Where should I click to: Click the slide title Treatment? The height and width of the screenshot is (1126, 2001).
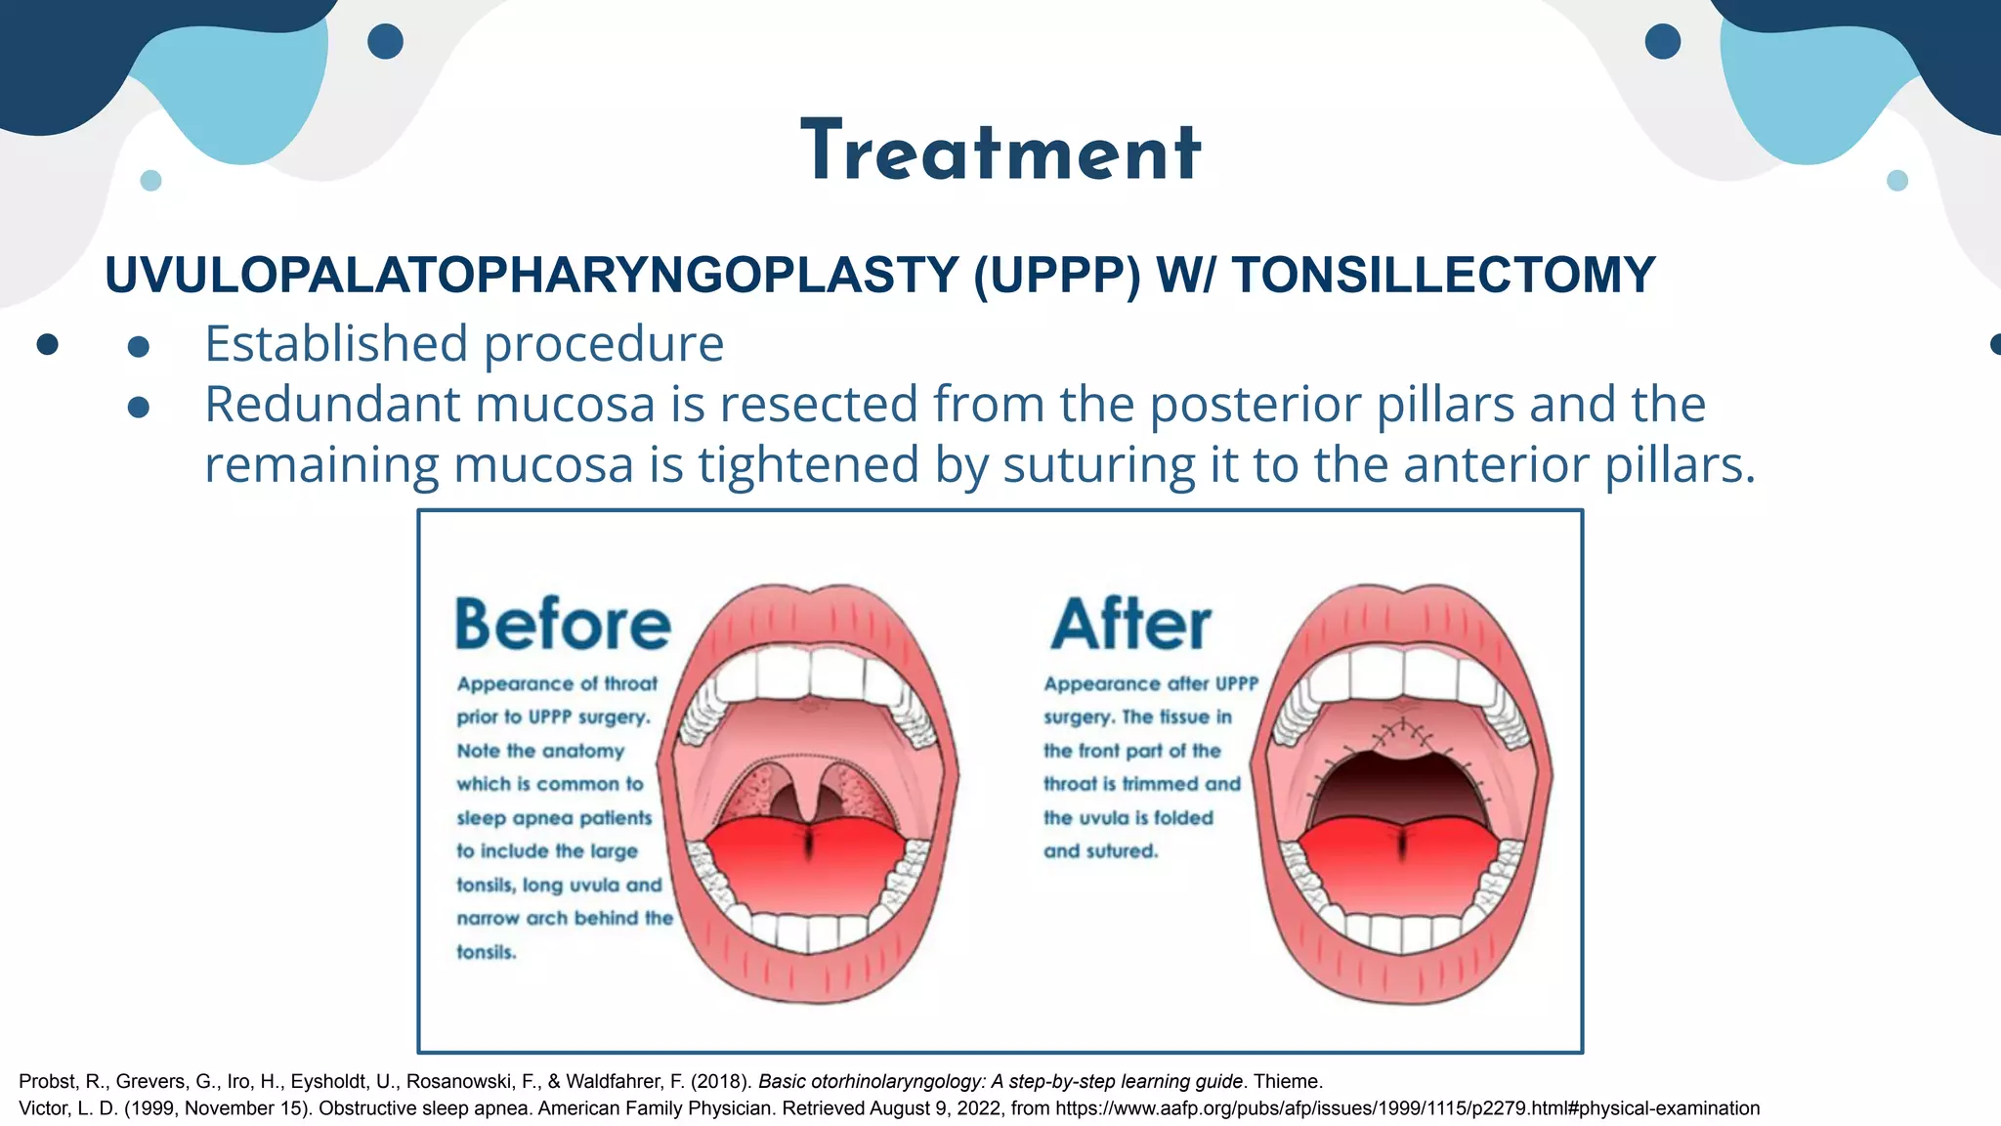click(1000, 152)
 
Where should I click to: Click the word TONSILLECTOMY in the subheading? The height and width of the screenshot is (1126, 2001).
click(1443, 275)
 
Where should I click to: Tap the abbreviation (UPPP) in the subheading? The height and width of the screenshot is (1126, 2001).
click(1056, 275)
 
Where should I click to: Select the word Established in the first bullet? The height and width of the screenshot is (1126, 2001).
click(336, 344)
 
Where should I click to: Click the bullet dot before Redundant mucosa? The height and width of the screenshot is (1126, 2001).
click(139, 407)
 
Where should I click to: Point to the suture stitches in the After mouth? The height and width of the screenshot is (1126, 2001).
click(1403, 733)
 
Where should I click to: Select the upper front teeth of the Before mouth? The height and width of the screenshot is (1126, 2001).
click(809, 672)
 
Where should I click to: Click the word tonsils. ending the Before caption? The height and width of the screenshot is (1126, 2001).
click(487, 952)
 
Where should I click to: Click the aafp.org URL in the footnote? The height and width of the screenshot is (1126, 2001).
click(1407, 1108)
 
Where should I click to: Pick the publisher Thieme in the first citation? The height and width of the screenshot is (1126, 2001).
click(1287, 1082)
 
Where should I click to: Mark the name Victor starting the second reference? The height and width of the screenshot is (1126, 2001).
click(42, 1108)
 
